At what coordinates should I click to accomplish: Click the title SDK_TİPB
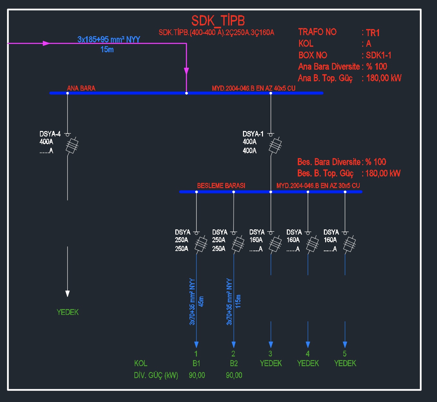218,21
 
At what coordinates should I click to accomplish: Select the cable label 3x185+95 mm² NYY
109,40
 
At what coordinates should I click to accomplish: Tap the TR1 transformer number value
373,33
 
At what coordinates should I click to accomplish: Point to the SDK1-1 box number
379,55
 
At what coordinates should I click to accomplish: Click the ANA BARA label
81,88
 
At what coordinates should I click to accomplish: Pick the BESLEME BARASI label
221,186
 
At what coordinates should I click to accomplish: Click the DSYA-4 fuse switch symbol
72,145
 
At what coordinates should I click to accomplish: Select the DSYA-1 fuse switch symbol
275,145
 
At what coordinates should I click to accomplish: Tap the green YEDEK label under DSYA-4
68,312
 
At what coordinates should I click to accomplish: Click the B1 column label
196,364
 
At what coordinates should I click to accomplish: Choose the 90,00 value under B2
234,375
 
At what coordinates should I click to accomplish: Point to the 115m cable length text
238,301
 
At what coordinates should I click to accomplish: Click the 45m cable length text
201,301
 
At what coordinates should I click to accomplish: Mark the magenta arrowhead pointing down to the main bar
186,71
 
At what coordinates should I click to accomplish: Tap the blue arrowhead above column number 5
345,345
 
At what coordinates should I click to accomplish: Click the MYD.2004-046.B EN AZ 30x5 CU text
318,186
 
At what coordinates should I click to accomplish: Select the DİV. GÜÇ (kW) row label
156,375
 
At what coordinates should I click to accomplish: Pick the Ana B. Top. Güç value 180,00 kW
384,78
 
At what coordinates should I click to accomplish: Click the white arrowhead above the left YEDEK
67,293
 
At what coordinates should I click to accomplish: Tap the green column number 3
270,354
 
